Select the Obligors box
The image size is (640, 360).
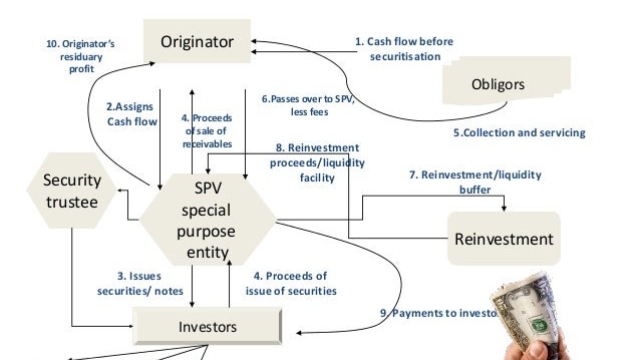coord(497,85)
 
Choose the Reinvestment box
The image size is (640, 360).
coord(503,239)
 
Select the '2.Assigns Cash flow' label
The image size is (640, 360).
coord(132,113)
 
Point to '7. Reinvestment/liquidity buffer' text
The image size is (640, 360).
coord(489,182)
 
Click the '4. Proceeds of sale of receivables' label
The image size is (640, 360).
coord(207,129)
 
